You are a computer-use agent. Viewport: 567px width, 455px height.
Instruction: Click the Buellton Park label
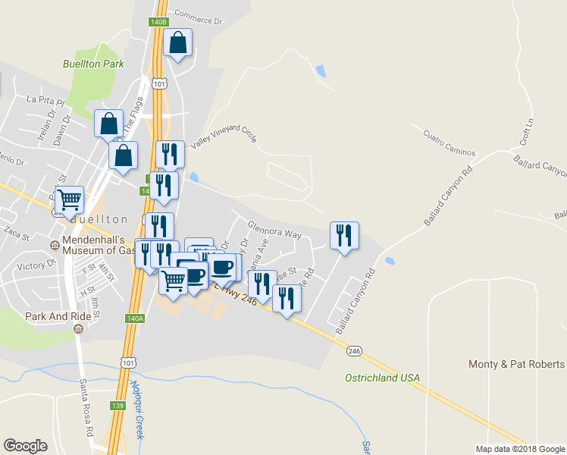pyautogui.click(x=93, y=64)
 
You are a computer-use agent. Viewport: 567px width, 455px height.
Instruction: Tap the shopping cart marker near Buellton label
pyautogui.click(x=69, y=200)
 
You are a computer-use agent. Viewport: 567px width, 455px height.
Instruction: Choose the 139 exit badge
pyautogui.click(x=117, y=406)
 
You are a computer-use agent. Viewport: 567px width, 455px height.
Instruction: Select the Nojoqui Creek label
pyautogui.click(x=137, y=410)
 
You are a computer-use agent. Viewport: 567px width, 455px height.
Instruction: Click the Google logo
pyautogui.click(x=26, y=446)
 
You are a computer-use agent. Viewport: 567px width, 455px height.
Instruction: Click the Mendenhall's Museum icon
pyautogui.click(x=54, y=246)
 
